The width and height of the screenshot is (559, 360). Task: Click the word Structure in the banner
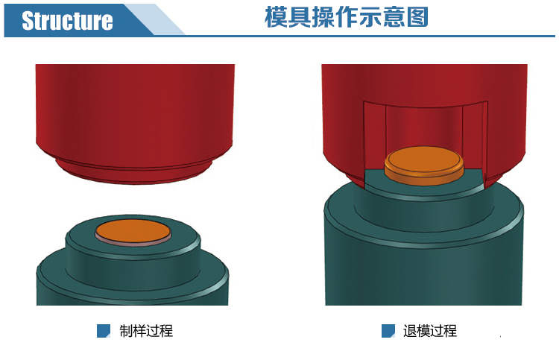(67, 21)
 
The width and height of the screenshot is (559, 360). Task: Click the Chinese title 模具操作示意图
(346, 16)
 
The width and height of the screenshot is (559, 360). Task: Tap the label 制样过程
(146, 331)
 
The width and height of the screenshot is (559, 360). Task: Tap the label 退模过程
(430, 331)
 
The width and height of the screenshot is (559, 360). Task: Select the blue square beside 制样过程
(104, 331)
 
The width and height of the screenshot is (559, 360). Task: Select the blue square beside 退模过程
(388, 331)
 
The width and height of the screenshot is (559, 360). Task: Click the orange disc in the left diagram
(133, 230)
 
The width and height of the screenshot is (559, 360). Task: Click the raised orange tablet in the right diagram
(424, 165)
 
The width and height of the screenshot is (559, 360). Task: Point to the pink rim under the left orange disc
(133, 243)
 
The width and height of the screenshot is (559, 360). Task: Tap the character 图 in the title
(417, 16)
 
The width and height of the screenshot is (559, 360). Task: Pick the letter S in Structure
(28, 21)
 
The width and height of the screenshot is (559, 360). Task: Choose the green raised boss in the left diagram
(133, 250)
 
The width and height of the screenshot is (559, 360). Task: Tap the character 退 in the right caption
(410, 331)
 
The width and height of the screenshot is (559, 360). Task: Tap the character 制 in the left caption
(126, 331)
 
